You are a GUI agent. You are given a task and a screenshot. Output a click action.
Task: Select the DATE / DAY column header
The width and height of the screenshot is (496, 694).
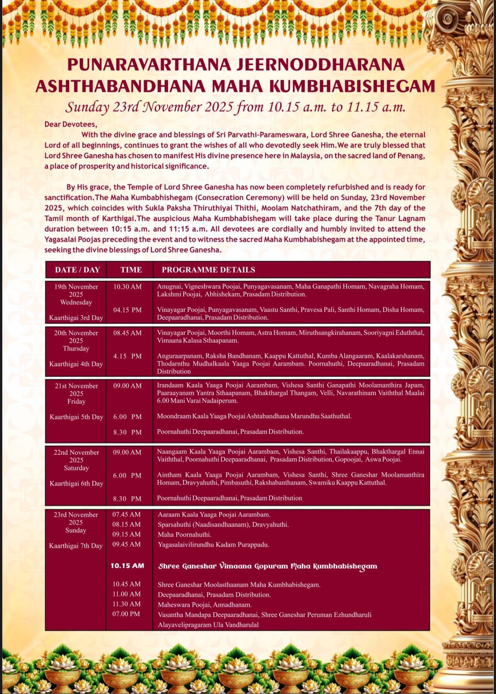(x=77, y=270)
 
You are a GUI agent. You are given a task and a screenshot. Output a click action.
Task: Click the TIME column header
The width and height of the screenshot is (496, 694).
(x=131, y=270)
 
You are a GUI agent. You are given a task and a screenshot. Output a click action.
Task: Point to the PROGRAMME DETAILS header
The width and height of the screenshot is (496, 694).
(x=208, y=270)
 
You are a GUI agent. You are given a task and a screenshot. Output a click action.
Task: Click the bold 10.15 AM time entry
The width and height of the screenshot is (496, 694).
(x=127, y=566)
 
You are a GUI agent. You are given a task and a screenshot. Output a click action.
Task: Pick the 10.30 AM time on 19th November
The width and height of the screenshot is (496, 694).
(x=127, y=287)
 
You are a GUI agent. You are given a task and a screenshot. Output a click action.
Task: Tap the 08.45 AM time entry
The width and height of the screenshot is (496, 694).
(x=127, y=333)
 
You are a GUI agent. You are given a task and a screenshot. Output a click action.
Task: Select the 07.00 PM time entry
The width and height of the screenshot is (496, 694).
(x=126, y=614)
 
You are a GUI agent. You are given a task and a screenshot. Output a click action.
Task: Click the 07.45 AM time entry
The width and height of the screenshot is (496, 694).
(x=126, y=514)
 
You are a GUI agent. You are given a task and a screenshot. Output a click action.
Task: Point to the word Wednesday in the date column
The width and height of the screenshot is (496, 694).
(x=76, y=302)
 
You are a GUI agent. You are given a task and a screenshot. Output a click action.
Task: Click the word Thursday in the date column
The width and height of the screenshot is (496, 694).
(x=76, y=349)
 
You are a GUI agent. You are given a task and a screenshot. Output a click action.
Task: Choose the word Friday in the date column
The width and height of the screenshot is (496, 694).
(x=76, y=401)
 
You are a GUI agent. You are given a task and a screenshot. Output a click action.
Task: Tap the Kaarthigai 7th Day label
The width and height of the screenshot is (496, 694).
(x=76, y=546)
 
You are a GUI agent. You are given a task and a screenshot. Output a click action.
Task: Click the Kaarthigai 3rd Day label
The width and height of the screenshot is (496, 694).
(x=76, y=318)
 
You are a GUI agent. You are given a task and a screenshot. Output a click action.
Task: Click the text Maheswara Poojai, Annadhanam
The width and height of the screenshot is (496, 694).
(x=205, y=605)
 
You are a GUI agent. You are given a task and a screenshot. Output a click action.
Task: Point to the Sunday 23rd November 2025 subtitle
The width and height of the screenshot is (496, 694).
(x=235, y=107)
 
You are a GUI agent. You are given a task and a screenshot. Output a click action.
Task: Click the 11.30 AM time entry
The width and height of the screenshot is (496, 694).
(x=126, y=604)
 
